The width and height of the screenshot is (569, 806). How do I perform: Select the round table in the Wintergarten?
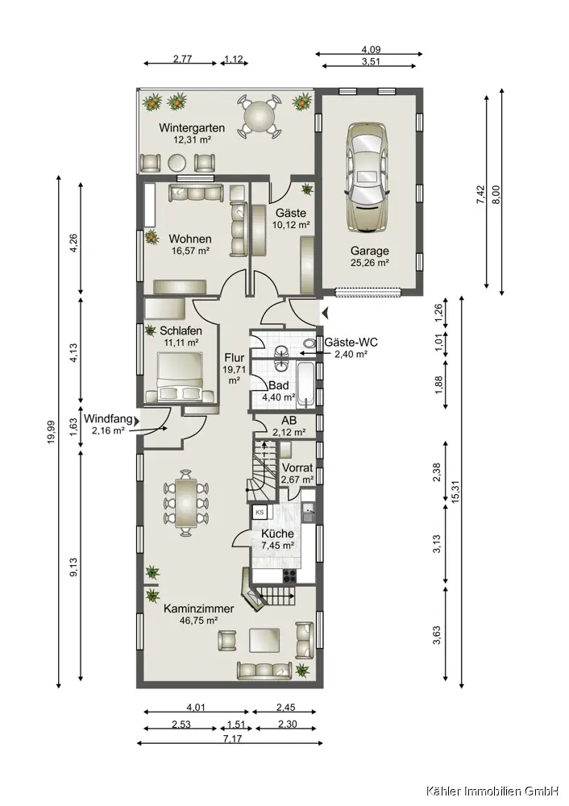pos(260,116)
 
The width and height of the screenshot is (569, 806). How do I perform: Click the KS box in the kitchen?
pos(260,512)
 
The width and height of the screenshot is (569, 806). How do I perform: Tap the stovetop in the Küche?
pos(289,577)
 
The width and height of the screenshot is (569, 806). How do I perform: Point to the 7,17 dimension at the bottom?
pos(232,739)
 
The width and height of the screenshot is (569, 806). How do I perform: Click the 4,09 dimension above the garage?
pos(371,50)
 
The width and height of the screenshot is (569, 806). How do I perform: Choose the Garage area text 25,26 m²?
pos(370,263)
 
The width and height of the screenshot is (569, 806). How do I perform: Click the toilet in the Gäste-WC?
pos(309,343)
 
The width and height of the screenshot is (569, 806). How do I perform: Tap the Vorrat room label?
pos(297,467)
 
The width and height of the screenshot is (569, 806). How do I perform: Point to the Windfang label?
pos(108,418)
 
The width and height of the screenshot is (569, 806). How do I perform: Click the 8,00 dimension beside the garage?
pos(496,195)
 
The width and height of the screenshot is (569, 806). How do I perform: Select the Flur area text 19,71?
pos(233,369)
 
